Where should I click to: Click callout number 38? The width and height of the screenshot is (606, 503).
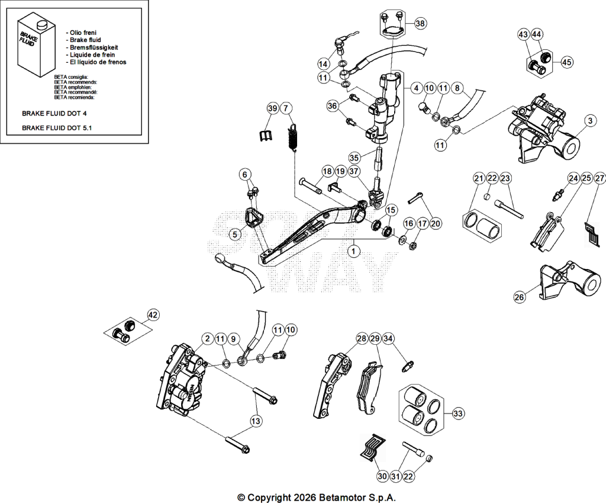420,24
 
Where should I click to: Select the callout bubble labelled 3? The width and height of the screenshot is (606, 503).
590,121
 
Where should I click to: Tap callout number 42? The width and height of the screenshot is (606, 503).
153,315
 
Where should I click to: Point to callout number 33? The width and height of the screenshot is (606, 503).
458,414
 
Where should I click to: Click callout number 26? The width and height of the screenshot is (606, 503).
520,297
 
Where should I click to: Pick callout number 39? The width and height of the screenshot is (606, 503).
273,108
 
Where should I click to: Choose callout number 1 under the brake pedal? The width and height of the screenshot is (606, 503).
353,251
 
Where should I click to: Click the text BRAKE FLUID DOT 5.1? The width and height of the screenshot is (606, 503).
57,128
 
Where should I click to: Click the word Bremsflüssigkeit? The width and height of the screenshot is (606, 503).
94,47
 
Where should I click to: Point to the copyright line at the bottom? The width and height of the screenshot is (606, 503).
317,497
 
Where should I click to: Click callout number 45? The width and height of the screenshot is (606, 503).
566,62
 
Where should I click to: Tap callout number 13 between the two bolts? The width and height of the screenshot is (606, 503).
256,421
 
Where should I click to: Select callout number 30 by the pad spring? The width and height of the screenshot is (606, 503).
382,476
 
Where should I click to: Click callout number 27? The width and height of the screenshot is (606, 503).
599,178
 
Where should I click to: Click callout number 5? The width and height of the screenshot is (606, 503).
234,234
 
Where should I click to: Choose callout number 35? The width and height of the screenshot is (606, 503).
354,158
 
